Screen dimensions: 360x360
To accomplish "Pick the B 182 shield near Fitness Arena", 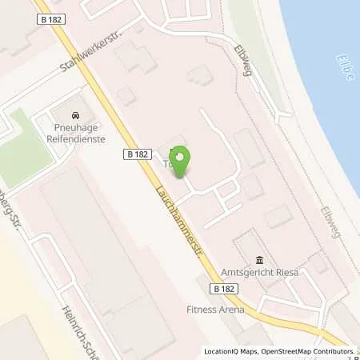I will [226, 287].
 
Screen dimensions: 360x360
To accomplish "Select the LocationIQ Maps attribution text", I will [233, 351].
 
